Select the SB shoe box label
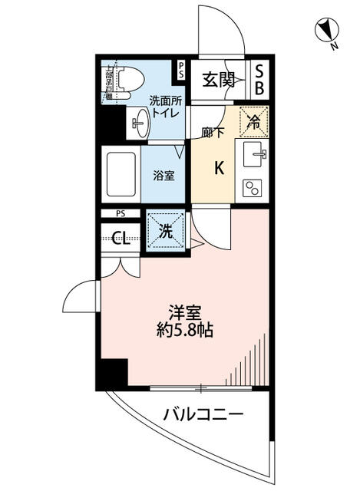tap(259, 79)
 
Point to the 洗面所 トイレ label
tap(164, 107)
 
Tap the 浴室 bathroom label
tap(163, 175)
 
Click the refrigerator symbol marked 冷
tap(254, 120)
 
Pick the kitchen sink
tap(255, 155)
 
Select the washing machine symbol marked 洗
tap(163, 229)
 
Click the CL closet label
tap(121, 238)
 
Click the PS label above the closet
tap(121, 213)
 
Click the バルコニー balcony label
tap(203, 416)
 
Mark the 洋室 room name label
tap(185, 313)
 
